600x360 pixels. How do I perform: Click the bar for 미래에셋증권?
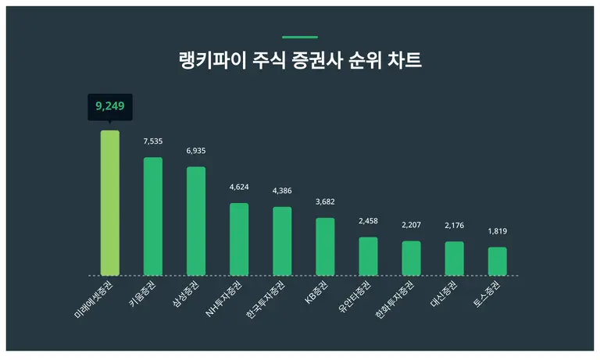[110, 203]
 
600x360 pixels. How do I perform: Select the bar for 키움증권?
[153, 216]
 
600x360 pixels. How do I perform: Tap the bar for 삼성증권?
[196, 221]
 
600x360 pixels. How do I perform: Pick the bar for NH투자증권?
[239, 239]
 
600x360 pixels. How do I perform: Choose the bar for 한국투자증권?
[282, 241]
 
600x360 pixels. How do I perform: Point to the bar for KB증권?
[325, 247]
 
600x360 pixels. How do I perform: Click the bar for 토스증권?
[498, 261]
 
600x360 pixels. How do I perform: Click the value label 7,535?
[153, 141]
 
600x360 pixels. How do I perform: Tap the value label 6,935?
[196, 151]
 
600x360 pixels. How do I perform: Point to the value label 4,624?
[239, 187]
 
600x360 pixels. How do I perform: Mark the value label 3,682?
[325, 202]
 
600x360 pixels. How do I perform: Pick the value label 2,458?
[368, 221]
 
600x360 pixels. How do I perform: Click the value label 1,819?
[498, 231]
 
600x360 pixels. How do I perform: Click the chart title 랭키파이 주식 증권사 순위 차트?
[300, 61]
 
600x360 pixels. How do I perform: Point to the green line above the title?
[300, 37]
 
